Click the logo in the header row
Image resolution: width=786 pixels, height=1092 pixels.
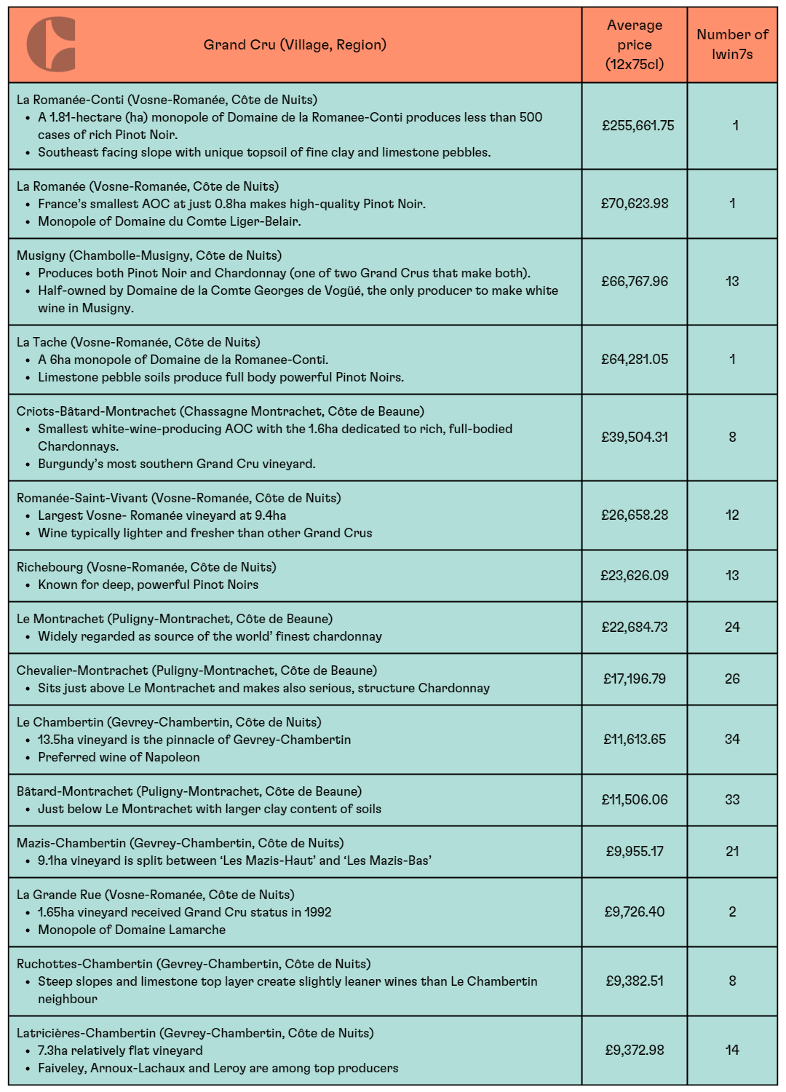tap(51, 44)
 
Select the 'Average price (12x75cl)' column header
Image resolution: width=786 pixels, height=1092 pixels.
tap(635, 44)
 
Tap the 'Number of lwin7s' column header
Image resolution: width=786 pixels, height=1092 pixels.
tap(732, 44)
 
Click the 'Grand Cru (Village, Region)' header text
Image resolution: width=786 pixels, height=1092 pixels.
tap(295, 44)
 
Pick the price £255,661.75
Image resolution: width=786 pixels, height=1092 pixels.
tap(638, 125)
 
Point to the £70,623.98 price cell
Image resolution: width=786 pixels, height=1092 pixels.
tap(635, 203)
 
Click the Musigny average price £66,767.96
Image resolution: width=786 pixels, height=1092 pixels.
tap(635, 281)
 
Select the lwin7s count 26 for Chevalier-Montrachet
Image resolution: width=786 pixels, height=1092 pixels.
tap(732, 678)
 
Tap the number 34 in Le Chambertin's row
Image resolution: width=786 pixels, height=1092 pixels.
tap(732, 739)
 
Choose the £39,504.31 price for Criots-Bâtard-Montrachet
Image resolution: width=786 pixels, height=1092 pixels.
tap(635, 437)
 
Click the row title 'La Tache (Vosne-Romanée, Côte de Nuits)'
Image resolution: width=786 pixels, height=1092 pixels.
tap(138, 342)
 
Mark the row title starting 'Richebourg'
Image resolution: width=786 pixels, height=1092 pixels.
tap(146, 567)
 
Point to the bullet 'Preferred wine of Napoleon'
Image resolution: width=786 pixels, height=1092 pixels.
tap(119, 757)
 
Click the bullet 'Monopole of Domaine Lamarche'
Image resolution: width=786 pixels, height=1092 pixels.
tap(132, 930)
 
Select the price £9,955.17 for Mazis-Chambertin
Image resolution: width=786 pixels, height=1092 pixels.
tap(635, 851)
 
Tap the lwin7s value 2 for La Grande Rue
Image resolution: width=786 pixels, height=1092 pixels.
tap(732, 911)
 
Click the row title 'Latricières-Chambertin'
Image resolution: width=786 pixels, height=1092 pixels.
tap(195, 1033)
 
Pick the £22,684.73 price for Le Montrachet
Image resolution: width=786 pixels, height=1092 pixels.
tap(635, 627)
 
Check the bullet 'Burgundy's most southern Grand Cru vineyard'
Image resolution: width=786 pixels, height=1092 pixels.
tap(177, 464)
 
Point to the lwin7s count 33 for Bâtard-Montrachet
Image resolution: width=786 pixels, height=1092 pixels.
tap(732, 799)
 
